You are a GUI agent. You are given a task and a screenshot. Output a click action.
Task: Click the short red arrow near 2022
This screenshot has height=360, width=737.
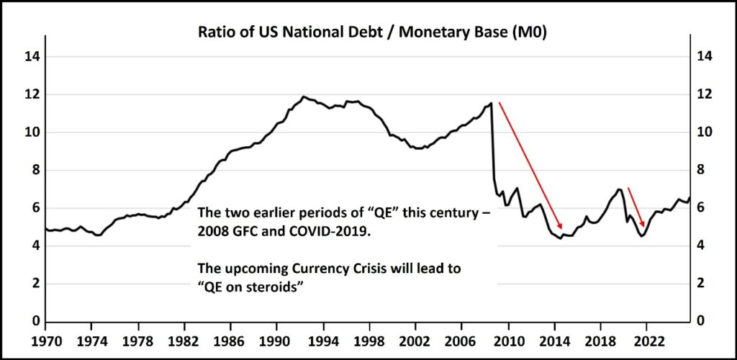636,207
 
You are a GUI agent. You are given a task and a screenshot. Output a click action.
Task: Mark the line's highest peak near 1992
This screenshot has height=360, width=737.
304,96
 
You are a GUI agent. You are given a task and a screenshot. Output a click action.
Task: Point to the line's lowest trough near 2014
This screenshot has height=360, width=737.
561,238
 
